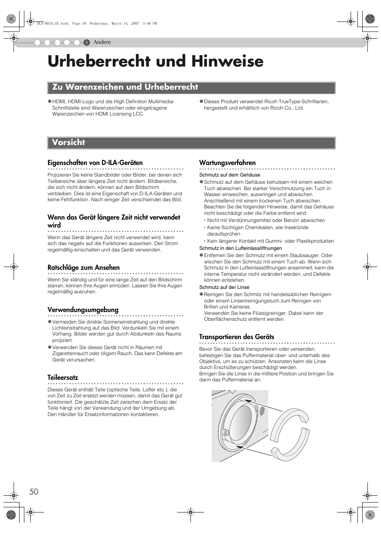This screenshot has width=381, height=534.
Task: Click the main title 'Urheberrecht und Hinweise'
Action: pos(155,61)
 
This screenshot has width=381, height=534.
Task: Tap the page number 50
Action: pos(34,491)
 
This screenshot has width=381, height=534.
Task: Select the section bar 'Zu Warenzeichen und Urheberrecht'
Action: pos(125,87)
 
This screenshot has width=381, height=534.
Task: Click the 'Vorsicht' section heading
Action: pos(69,143)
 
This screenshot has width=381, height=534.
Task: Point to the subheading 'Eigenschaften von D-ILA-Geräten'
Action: pos(95,163)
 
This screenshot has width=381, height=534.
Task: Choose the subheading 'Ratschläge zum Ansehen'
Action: pos(83,267)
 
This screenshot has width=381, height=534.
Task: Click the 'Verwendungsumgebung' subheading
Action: pos(83,310)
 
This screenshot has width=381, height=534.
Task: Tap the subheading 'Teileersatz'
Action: pos(63,377)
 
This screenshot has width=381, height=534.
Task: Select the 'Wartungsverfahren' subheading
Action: pos(227,163)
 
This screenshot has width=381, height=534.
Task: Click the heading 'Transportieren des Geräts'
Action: pos(236,337)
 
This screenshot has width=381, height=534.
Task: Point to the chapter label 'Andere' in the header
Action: pos(102,42)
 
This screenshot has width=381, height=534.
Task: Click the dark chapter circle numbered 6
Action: pos(87,42)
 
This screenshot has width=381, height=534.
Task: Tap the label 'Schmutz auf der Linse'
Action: pos(224,287)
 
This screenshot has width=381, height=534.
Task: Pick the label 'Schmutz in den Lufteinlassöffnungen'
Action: pos(240,248)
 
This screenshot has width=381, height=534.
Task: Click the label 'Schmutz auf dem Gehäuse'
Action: pos(230,175)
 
